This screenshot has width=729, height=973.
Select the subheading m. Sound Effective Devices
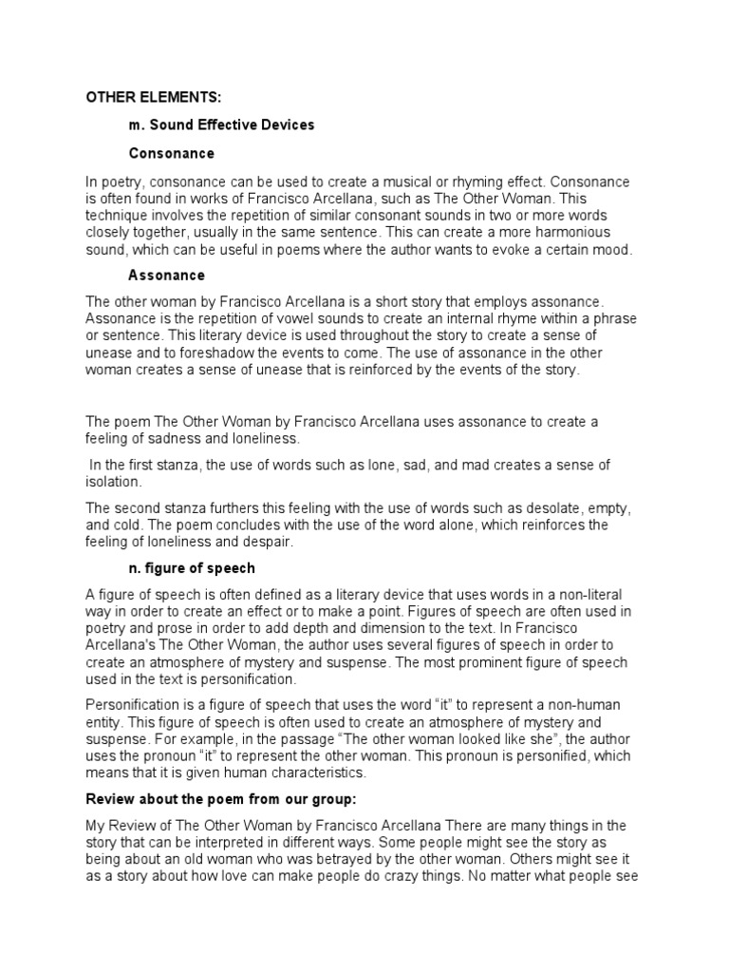[x=221, y=124]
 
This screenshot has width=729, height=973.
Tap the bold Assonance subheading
[x=166, y=276]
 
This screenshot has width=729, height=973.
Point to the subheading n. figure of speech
[x=192, y=568]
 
